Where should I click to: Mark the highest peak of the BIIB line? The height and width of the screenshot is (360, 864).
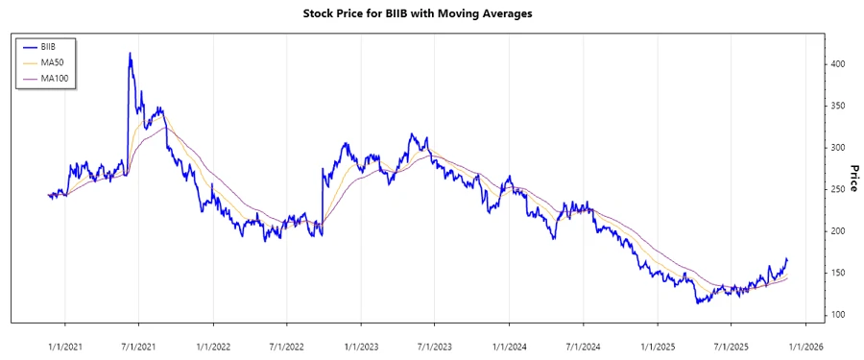[x=130, y=53]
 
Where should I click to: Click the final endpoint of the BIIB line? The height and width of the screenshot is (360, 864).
[x=787, y=258]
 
